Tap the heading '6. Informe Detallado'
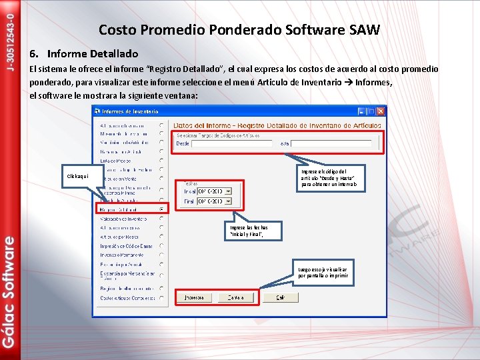pos(83,53)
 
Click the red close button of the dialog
pos(381,111)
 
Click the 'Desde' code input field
pos(231,143)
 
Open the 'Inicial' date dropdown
pos(228,191)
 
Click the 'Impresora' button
pos(194,297)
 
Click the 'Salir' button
pos(280,297)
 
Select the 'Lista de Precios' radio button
pos(161,161)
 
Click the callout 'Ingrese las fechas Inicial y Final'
pos(247,231)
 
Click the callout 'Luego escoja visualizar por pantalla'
pos(323,272)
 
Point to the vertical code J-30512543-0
pos(9,37)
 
